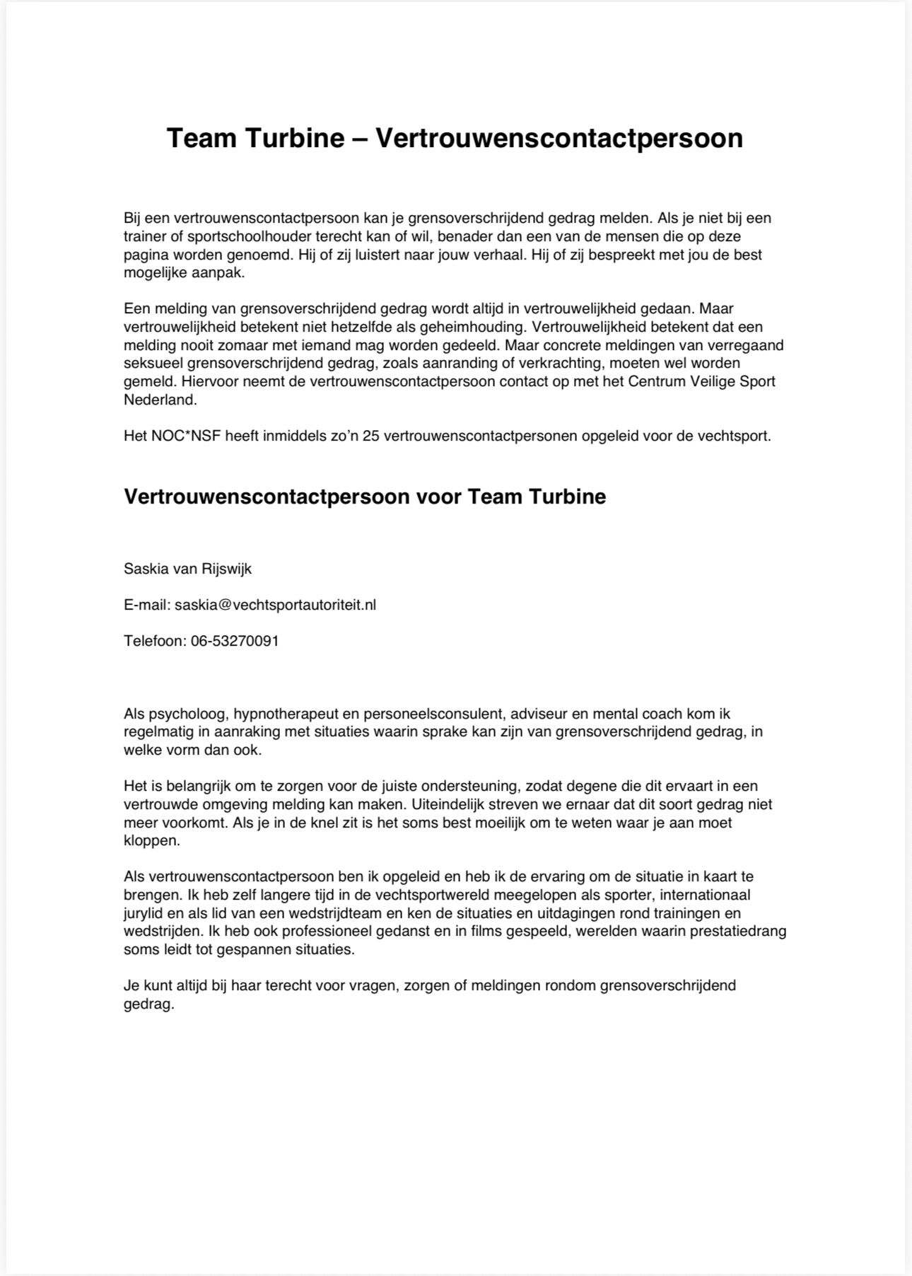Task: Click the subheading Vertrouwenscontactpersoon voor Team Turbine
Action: tap(365, 497)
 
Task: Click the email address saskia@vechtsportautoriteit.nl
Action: tap(276, 605)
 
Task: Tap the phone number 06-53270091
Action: tap(235, 641)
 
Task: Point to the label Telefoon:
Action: tap(155, 641)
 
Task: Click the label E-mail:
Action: tap(147, 605)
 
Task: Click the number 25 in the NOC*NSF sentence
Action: tap(370, 436)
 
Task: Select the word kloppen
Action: tap(150, 841)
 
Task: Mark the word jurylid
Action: tap(144, 913)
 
